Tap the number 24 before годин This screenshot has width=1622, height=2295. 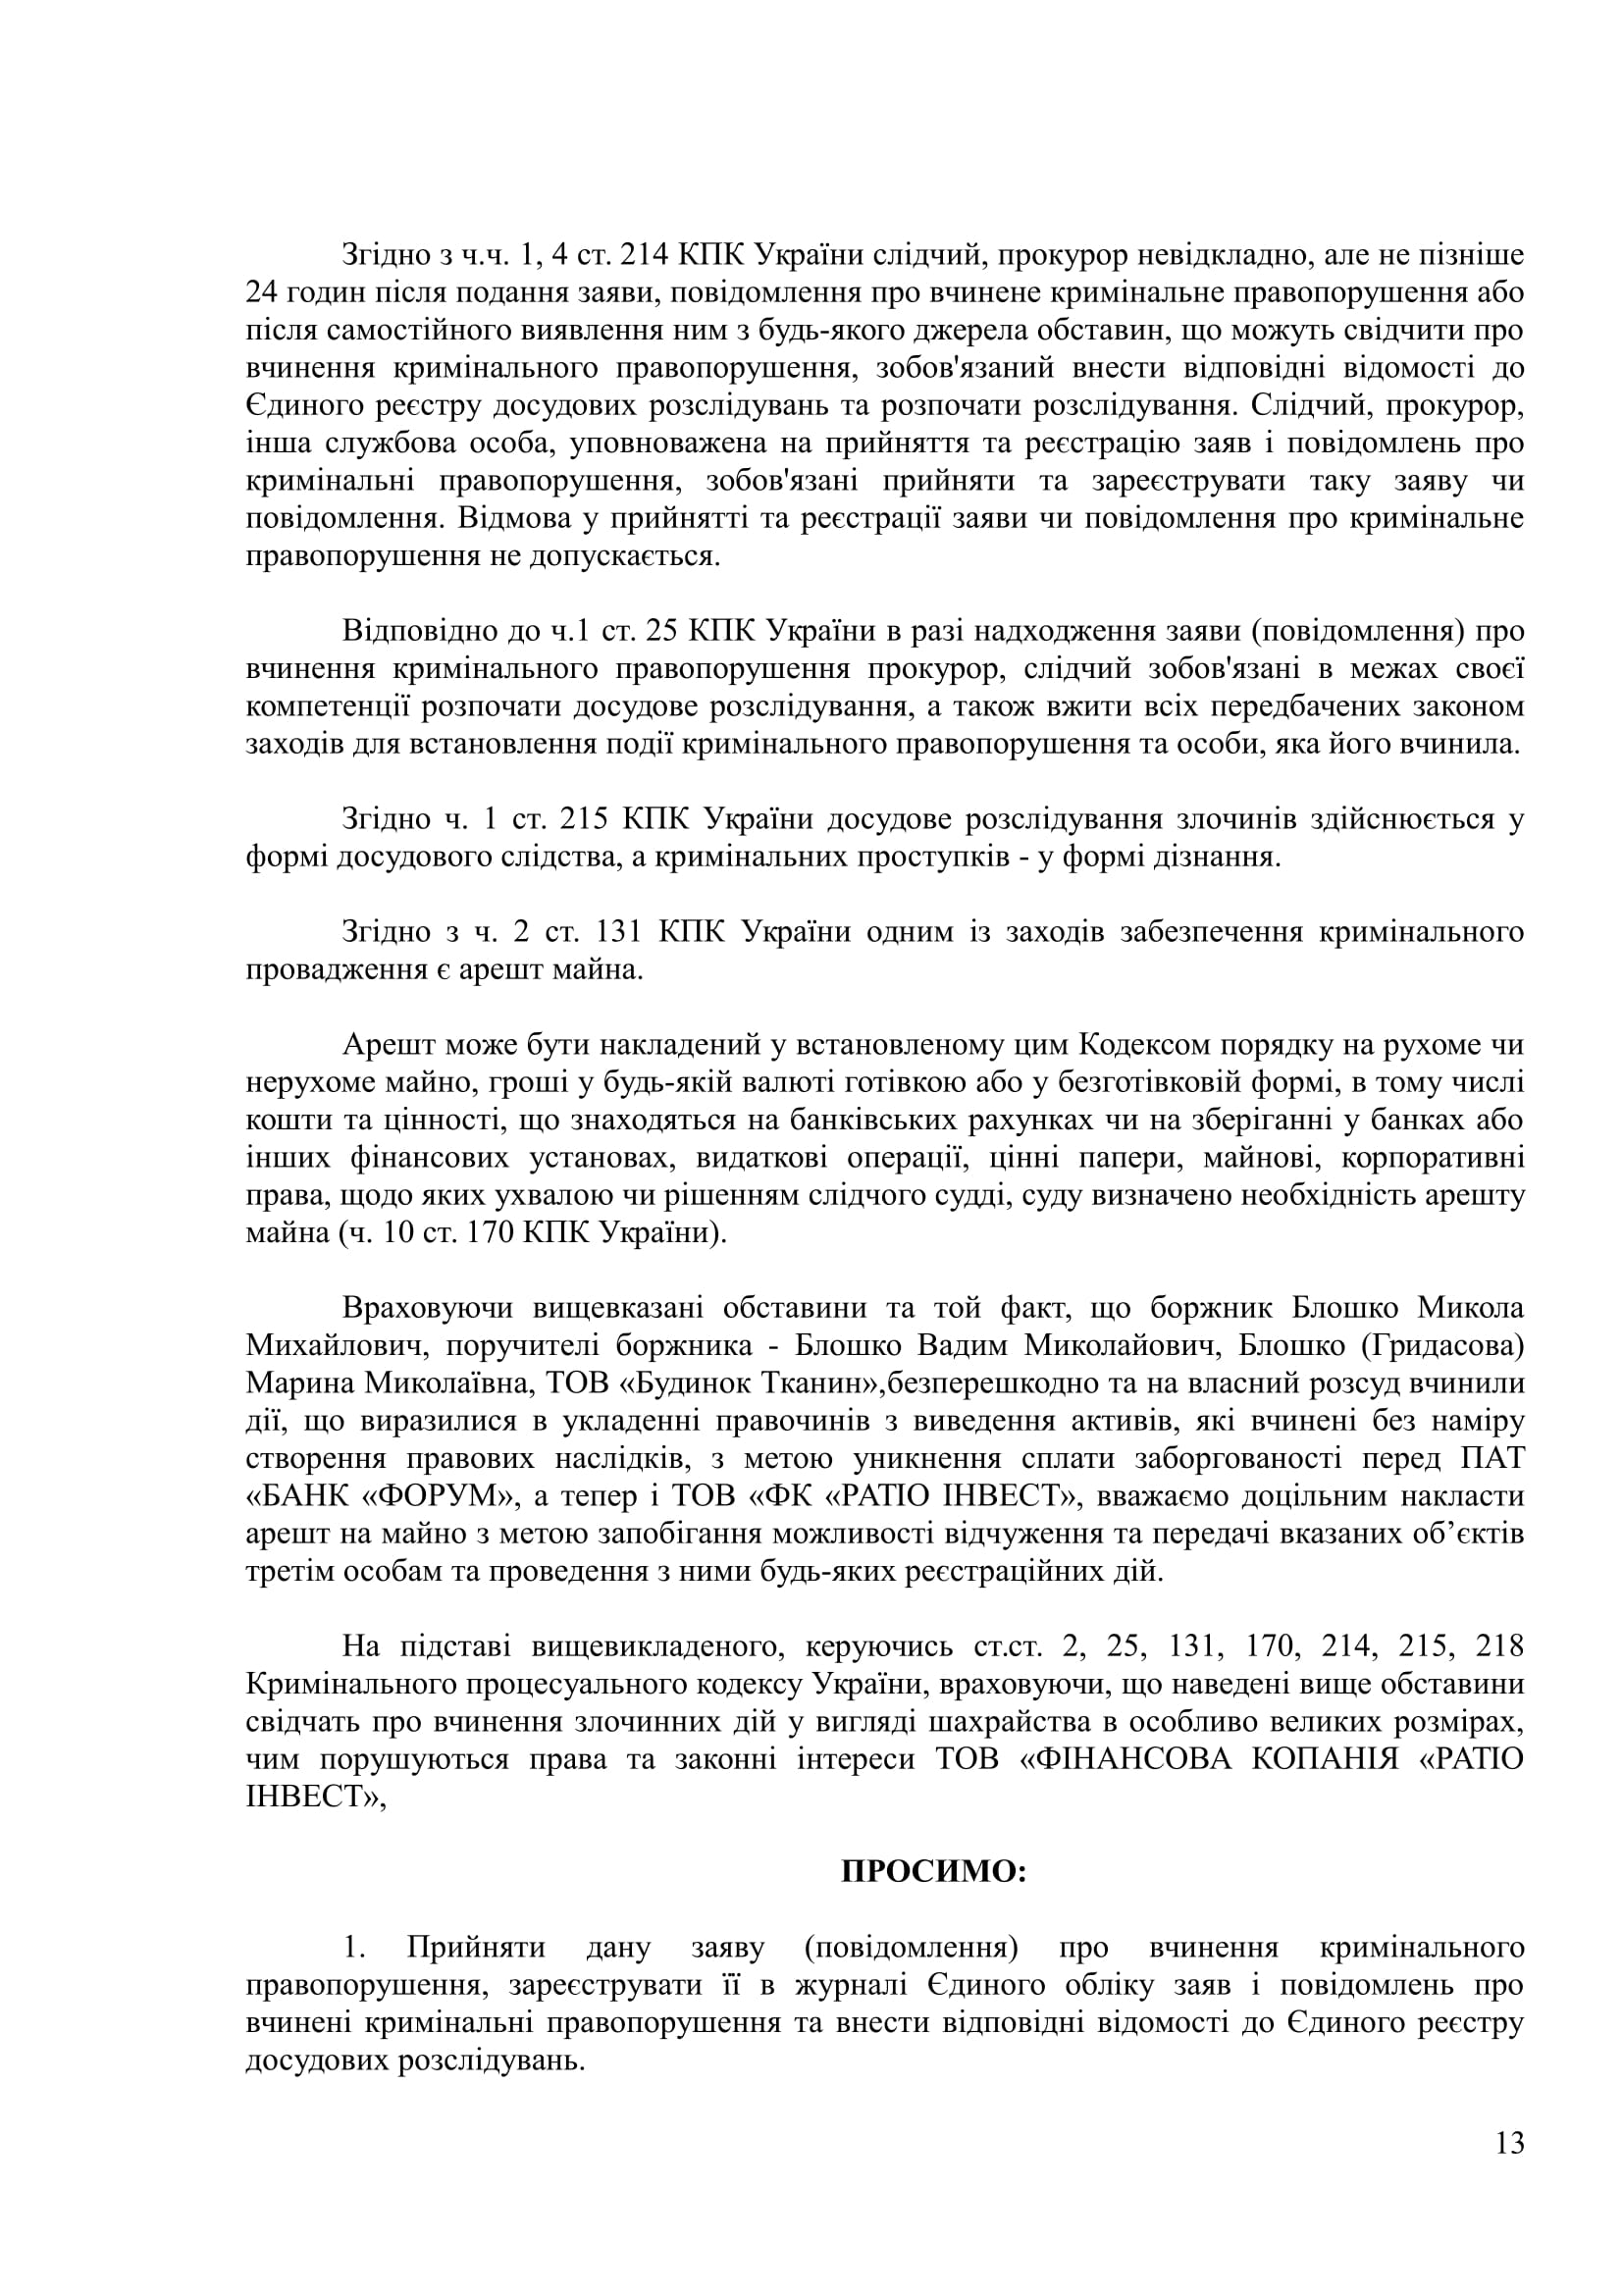tap(262, 292)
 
